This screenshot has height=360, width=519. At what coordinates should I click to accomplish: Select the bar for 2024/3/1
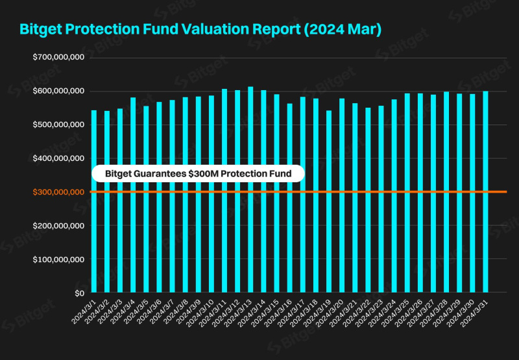click(94, 201)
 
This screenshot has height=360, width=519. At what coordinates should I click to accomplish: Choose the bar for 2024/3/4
click(133, 195)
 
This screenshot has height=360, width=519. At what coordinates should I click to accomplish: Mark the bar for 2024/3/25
click(407, 193)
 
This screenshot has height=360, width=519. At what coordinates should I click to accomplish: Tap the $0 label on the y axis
click(78, 293)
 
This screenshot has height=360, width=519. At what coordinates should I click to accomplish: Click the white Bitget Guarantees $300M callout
click(197, 173)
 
